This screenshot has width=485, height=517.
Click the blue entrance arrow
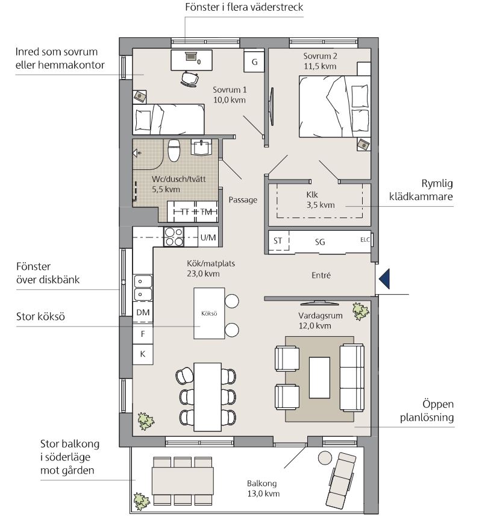click(385, 279)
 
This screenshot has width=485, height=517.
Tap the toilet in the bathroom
click(174, 151)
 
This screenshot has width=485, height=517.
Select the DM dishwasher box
click(143, 312)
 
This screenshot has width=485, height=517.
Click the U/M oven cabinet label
click(208, 237)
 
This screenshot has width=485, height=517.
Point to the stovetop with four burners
click(174, 237)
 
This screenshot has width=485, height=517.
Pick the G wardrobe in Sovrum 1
click(254, 61)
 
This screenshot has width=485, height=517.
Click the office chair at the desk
click(190, 79)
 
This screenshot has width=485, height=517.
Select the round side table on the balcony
click(325, 458)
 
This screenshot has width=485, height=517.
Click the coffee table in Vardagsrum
click(319, 378)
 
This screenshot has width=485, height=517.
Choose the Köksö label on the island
click(209, 313)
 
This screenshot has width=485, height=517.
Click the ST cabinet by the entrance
click(278, 242)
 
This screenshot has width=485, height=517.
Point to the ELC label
click(365, 240)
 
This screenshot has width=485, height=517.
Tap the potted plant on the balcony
click(142, 501)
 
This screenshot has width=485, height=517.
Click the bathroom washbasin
click(201, 147)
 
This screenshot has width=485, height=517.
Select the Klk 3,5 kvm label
click(320, 200)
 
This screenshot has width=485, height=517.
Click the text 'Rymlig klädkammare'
click(421, 190)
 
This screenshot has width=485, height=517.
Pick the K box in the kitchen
click(143, 354)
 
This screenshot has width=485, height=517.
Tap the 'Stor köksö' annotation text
click(40, 316)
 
